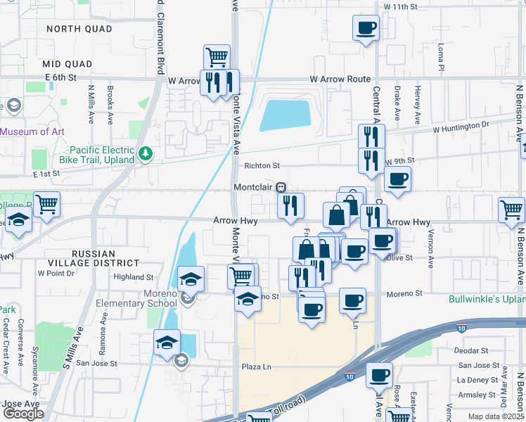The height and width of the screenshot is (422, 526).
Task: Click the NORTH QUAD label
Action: tap(79, 29)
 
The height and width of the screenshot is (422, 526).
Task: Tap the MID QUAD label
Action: tap(68, 64)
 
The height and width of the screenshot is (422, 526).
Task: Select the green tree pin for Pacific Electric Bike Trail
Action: tap(146, 153)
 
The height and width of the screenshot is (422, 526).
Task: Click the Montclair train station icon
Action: tap(281, 187)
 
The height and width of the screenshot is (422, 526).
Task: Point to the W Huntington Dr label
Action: tap(460, 128)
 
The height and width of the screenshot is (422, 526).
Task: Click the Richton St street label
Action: tap(262, 166)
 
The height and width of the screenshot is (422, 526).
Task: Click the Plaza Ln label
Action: tap(257, 367)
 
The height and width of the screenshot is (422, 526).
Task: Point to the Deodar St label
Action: tap(471, 350)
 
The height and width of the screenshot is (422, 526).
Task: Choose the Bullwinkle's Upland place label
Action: tap(487, 299)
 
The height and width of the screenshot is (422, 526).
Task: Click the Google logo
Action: tap(23, 414)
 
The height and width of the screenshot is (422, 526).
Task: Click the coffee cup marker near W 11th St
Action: tap(365, 28)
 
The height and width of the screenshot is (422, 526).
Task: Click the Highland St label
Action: tap(134, 278)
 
